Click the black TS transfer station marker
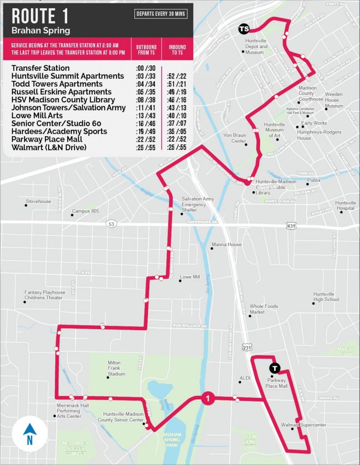[x=244, y=29]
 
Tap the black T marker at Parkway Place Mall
[x=274, y=368]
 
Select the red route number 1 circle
[x=207, y=399]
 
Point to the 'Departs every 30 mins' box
[x=161, y=14]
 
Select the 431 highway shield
[x=291, y=225]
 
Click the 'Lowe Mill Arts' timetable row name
[x=39, y=115]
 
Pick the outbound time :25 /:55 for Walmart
[x=145, y=147]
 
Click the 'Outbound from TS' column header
[x=146, y=50]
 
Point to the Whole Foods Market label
[x=263, y=309]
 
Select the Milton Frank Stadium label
[x=116, y=368]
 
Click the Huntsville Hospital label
[x=345, y=206]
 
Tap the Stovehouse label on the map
[x=39, y=201]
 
